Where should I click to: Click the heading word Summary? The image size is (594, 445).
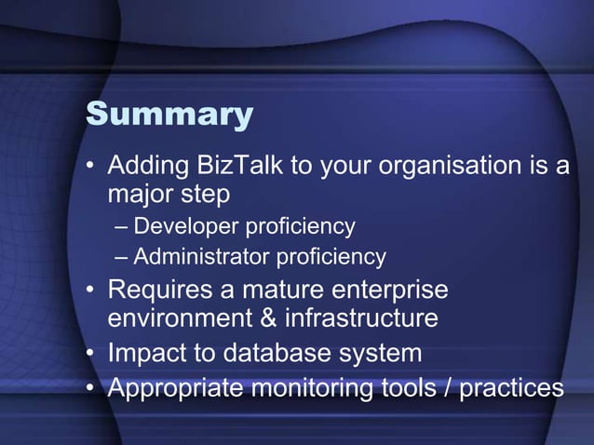pos(169,114)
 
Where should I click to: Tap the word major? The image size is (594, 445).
pos(140,195)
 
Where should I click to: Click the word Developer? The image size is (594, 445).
pos(185,226)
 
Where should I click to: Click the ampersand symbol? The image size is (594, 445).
pos(268,319)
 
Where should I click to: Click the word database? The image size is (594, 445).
pos(270,354)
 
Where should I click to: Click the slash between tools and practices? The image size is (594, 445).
pos(450,386)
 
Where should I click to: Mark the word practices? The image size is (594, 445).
pos(512,386)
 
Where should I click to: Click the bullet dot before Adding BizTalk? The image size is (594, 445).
pos(90,169)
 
